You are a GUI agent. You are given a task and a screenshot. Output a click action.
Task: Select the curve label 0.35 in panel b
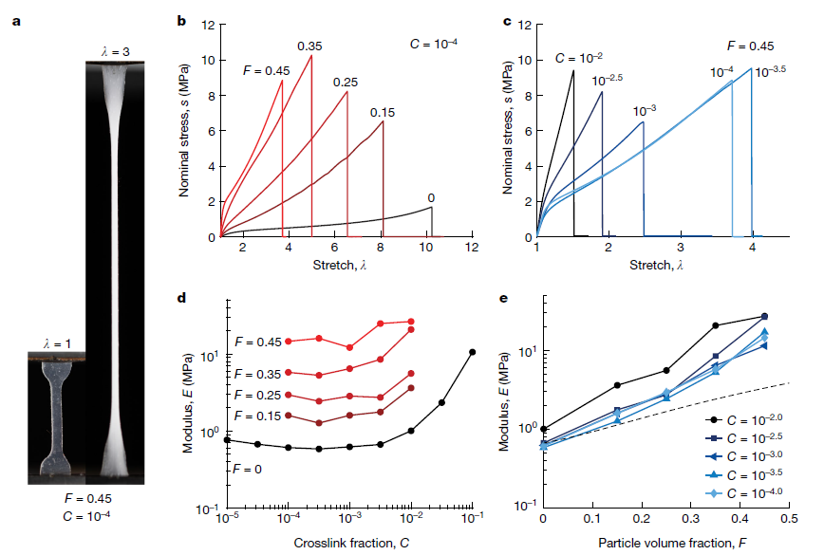click(309, 45)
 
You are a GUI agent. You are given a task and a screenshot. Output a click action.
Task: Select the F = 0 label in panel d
click(246, 469)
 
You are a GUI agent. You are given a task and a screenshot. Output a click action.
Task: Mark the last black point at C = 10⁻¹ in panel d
click(472, 352)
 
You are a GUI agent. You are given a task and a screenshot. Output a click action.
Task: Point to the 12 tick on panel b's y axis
click(210, 24)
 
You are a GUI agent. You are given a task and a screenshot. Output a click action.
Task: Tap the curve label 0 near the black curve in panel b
click(431, 198)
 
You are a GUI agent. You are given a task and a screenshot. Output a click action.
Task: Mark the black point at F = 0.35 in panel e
click(716, 325)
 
